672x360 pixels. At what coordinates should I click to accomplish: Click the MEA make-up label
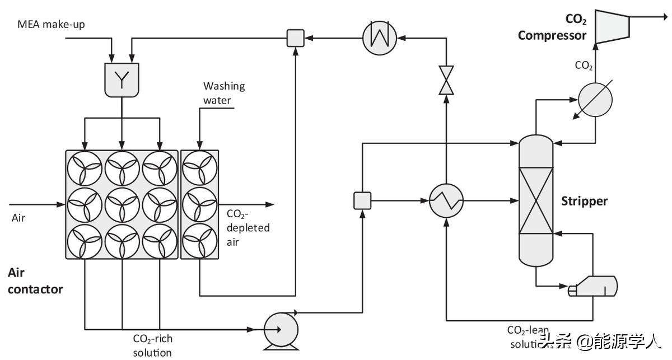pyautogui.click(x=50, y=24)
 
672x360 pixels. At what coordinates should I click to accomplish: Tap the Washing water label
pyautogui.click(x=224, y=93)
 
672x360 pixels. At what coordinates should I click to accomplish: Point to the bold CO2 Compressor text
pyautogui.click(x=552, y=28)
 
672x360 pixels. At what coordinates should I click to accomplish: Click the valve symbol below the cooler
pyautogui.click(x=446, y=80)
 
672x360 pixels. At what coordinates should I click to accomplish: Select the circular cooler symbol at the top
pyautogui.click(x=379, y=38)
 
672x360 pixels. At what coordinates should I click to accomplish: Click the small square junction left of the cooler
pyautogui.click(x=295, y=38)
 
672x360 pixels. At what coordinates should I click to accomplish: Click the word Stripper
pyautogui.click(x=584, y=201)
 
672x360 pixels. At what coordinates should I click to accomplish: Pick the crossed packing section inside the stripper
pyautogui.click(x=536, y=201)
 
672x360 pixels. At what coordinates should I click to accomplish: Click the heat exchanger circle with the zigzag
pyautogui.click(x=446, y=200)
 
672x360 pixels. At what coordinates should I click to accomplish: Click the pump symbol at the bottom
pyautogui.click(x=280, y=329)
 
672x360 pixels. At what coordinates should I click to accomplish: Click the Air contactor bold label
pyautogui.click(x=35, y=281)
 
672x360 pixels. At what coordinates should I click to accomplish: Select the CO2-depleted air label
pyautogui.click(x=248, y=227)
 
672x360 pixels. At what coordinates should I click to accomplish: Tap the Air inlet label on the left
pyautogui.click(x=19, y=218)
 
